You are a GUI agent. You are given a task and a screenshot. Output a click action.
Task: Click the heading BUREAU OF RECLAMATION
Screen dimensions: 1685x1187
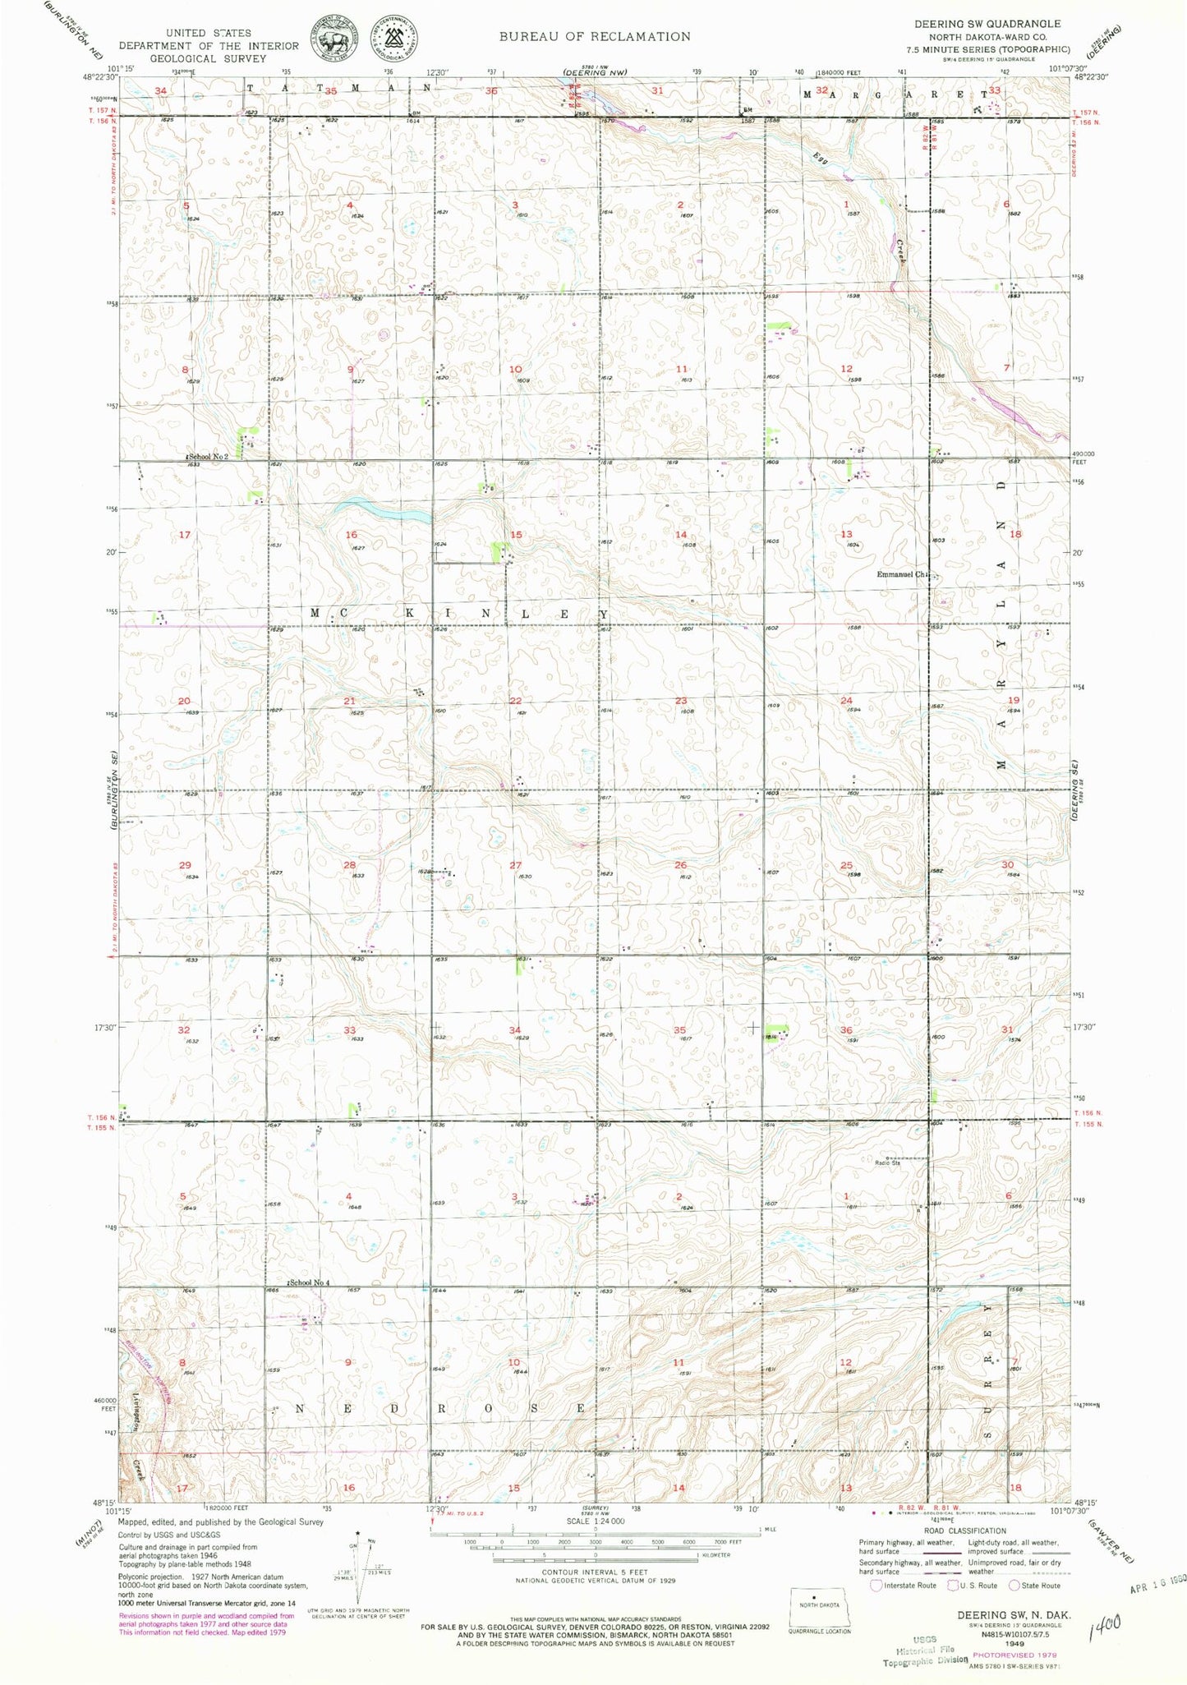coord(595,36)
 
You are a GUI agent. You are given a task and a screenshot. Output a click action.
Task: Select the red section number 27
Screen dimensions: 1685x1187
coord(515,865)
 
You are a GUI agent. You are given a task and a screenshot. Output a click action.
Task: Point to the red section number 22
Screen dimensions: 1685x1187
coord(515,700)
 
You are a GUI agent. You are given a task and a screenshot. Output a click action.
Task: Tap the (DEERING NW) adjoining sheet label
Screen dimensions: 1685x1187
coord(595,73)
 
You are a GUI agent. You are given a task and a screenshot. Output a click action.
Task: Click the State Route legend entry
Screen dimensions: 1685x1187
coord(1037,1585)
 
